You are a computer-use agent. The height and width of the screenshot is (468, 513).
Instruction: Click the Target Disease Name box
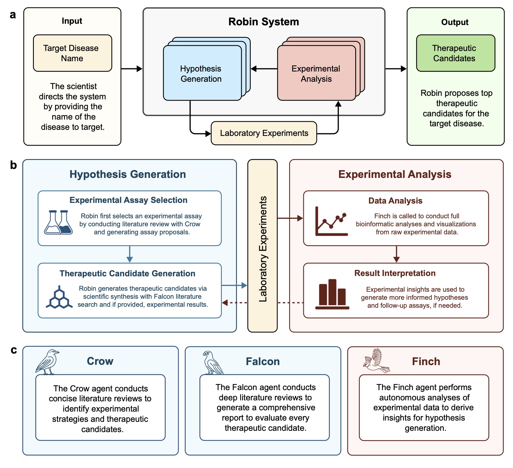click(72, 53)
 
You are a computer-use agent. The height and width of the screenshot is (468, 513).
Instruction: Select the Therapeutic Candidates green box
click(455, 53)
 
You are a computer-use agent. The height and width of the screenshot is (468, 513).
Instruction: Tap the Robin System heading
click(264, 22)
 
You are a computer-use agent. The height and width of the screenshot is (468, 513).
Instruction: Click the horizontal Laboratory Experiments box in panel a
click(264, 133)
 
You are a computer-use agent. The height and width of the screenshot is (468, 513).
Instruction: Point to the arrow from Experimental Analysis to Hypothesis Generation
click(264, 69)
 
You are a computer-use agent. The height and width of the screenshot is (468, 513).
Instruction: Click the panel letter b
click(13, 165)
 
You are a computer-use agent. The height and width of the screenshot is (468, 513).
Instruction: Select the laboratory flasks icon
click(59, 222)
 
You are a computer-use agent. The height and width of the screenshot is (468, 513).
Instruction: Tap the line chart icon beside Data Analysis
click(331, 222)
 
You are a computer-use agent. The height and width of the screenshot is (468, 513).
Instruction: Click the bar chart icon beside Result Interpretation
click(332, 294)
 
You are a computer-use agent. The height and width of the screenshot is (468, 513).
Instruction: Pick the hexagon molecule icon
click(59, 297)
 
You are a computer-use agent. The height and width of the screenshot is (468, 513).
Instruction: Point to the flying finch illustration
click(377, 361)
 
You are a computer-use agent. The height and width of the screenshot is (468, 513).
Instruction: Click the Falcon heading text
click(263, 362)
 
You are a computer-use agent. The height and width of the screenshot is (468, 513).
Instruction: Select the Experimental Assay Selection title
click(128, 200)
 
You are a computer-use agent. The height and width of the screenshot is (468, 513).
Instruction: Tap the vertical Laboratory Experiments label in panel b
click(263, 249)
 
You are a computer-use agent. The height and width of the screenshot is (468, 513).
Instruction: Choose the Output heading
click(454, 22)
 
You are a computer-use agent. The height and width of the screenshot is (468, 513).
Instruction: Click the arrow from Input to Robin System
click(132, 69)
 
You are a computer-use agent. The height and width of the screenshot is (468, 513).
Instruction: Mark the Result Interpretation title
click(395, 273)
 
